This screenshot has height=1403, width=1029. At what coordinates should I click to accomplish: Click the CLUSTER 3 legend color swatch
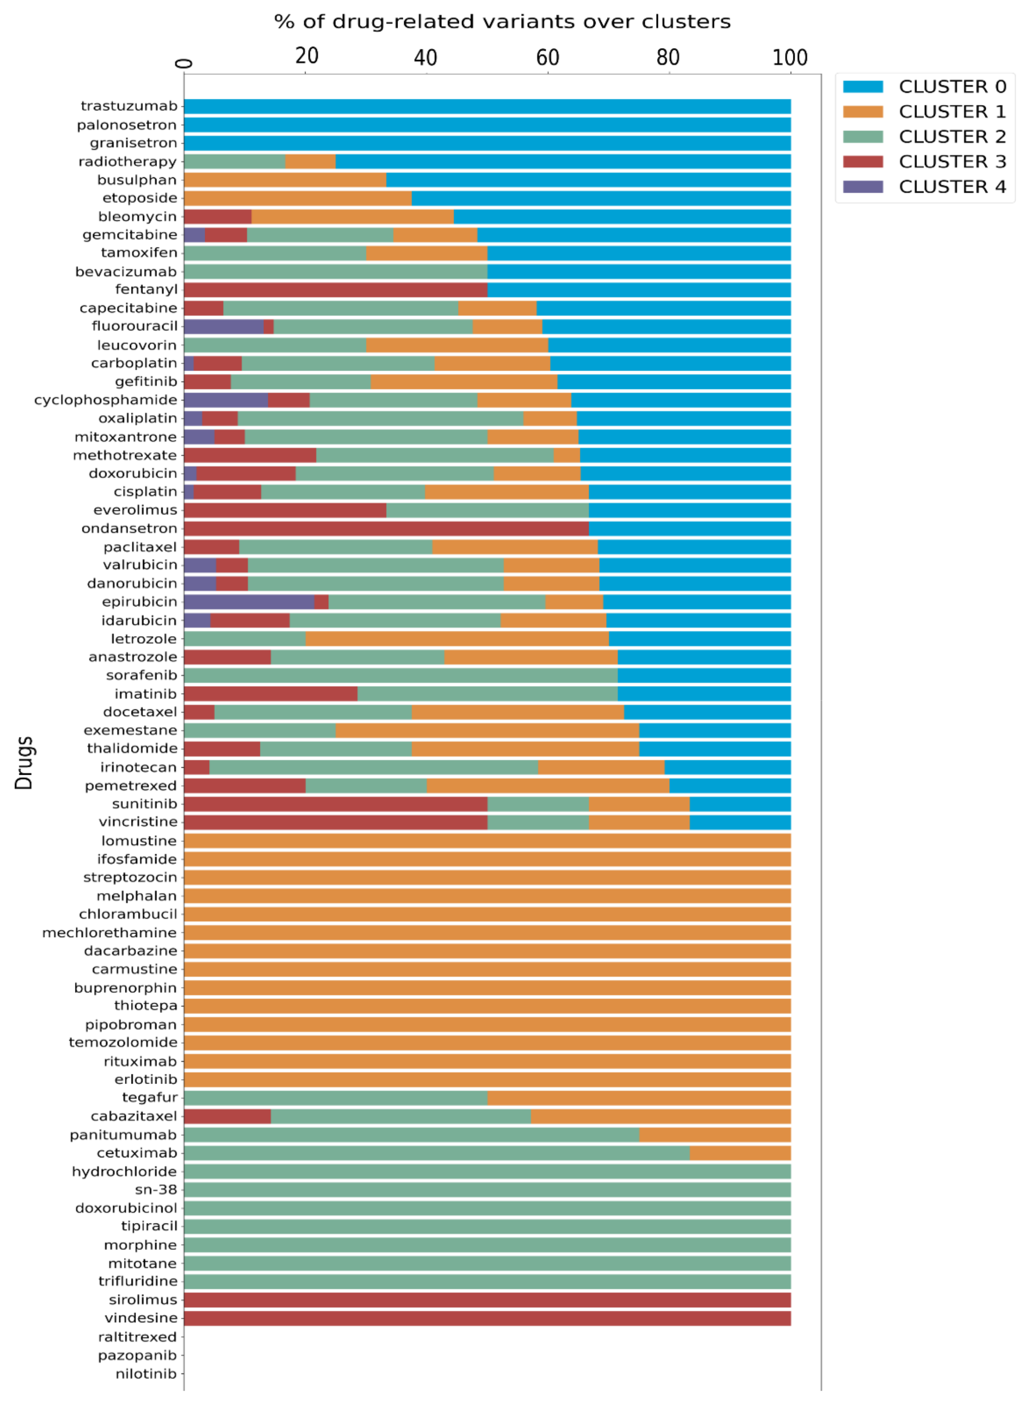click(x=862, y=162)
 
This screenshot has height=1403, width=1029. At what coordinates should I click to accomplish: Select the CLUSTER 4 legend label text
click(x=952, y=187)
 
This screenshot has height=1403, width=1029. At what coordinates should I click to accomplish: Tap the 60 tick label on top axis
click(x=548, y=58)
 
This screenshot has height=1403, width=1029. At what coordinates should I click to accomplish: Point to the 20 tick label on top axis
click(x=307, y=56)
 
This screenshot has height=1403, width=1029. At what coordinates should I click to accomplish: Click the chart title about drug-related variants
click(x=502, y=22)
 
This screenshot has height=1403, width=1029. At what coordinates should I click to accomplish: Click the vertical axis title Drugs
click(x=24, y=763)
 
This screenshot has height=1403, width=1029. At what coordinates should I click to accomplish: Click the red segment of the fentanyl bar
click(x=335, y=289)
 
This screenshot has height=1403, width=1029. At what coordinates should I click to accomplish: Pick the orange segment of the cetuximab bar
click(x=740, y=1153)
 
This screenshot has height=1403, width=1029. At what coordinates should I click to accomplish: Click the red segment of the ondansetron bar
click(x=386, y=529)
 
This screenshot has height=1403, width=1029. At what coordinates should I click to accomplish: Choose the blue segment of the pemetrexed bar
click(x=730, y=786)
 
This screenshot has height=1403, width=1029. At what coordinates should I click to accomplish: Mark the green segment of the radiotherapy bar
click(x=234, y=162)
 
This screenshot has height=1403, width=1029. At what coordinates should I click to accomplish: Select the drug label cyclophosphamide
click(x=105, y=400)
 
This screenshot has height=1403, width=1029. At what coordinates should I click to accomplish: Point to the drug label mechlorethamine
click(x=109, y=933)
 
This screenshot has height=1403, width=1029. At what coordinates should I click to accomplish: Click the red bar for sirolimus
click(x=487, y=1300)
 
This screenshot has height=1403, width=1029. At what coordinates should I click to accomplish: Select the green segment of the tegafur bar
click(x=335, y=1098)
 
